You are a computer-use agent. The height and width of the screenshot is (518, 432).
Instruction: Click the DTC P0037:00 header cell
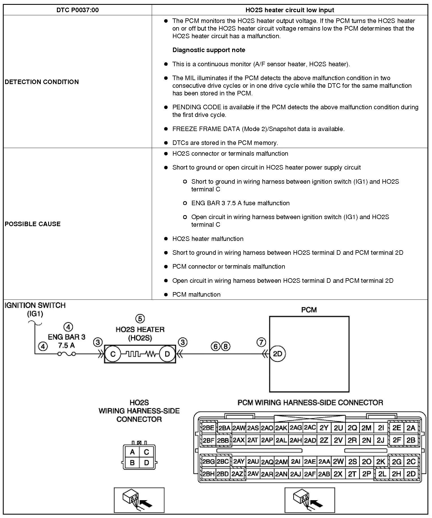77,10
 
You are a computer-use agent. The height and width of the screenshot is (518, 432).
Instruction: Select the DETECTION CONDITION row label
42,82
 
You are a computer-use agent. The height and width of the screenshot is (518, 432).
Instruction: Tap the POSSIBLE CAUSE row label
33,224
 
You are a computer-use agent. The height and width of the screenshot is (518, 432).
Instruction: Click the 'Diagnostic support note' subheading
209,50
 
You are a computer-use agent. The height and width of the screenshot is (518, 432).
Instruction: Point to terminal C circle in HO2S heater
113,354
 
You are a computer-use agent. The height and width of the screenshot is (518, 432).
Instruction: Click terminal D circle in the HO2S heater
167,354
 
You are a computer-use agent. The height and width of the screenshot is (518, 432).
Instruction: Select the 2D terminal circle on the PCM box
277,354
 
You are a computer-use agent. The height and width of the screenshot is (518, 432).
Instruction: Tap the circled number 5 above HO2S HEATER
140,319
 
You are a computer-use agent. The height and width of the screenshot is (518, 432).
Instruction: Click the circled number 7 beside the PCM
261,342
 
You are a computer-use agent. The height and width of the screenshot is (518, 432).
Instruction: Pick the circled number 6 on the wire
216,346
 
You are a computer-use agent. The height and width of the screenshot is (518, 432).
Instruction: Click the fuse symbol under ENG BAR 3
67,354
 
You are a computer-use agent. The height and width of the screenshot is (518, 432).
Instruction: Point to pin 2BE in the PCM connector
208,428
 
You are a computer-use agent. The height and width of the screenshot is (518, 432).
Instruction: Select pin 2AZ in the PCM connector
237,474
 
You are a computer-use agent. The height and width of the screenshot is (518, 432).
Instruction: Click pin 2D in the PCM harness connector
411,474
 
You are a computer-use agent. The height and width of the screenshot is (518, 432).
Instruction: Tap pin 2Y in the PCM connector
324,428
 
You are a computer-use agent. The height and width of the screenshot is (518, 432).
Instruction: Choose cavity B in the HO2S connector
132,463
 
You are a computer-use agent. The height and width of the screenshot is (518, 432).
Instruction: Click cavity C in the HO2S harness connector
146,452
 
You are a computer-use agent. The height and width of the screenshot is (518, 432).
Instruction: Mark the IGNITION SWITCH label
35,305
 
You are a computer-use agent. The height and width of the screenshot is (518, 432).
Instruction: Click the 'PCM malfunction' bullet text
196,294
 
